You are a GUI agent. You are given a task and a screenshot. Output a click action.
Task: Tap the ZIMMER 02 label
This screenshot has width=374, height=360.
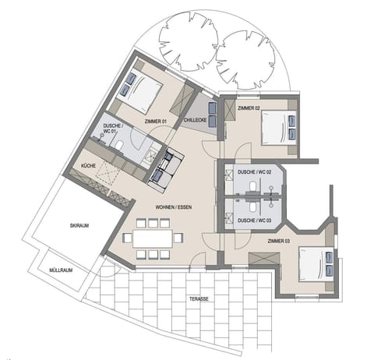[247, 108]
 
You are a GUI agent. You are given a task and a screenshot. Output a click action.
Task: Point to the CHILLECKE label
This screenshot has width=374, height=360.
[195, 120]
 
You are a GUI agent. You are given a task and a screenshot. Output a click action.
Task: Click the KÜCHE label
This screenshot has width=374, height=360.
[89, 165]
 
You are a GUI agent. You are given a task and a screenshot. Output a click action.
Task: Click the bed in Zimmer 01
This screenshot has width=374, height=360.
[139, 94]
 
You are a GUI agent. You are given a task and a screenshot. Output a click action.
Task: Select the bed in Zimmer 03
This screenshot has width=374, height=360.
[316, 265]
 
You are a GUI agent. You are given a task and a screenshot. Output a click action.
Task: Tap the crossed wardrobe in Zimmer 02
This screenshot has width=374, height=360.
[228, 110]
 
